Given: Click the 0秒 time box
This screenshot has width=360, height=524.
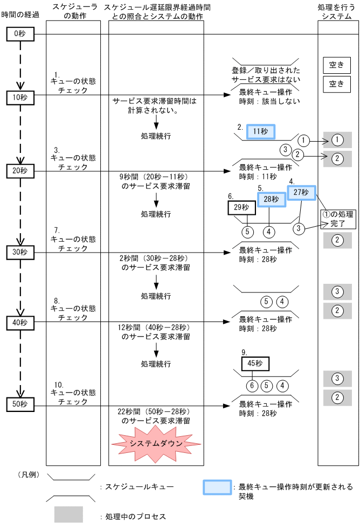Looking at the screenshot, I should (20, 34).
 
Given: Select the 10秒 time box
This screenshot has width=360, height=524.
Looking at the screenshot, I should (20, 97).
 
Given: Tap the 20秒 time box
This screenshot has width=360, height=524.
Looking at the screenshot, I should (20, 171).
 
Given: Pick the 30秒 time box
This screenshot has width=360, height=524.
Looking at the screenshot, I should (20, 252).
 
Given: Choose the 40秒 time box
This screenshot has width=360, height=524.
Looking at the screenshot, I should (20, 322).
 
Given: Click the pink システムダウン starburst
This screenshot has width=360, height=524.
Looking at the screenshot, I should (156, 443).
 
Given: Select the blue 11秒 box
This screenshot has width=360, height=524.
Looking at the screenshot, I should (261, 131).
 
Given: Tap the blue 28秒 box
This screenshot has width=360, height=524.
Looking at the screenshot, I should (271, 199).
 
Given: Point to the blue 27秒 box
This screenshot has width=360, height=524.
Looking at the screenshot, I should (301, 192).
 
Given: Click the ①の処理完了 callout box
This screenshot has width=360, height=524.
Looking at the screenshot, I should (338, 219).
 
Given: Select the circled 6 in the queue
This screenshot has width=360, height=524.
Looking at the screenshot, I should (251, 386).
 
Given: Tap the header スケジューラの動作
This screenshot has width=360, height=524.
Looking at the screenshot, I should (73, 11).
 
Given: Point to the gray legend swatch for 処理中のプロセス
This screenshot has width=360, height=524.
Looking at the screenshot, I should (68, 514).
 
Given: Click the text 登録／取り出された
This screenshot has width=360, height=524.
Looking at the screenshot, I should (266, 71).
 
